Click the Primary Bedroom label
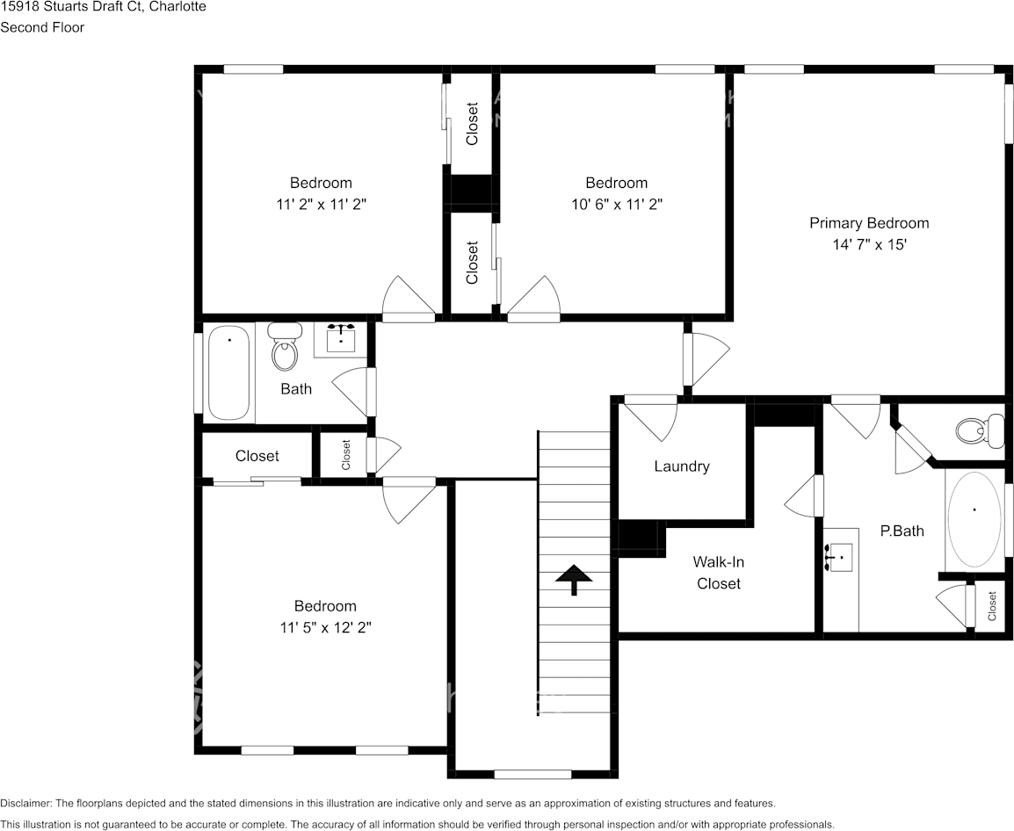tap(868, 223)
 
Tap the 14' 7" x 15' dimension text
tap(868, 245)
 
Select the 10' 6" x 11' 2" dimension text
tap(616, 204)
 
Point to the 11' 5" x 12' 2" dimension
tap(324, 627)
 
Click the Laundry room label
tap(681, 466)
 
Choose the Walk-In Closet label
tap(718, 573)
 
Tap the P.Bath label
tap(902, 531)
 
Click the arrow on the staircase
tap(574, 578)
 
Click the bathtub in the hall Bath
tap(229, 373)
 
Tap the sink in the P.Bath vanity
tap(840, 557)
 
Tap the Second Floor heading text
tap(42, 27)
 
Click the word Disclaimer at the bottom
tap(25, 803)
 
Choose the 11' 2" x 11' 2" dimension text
tap(321, 204)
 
